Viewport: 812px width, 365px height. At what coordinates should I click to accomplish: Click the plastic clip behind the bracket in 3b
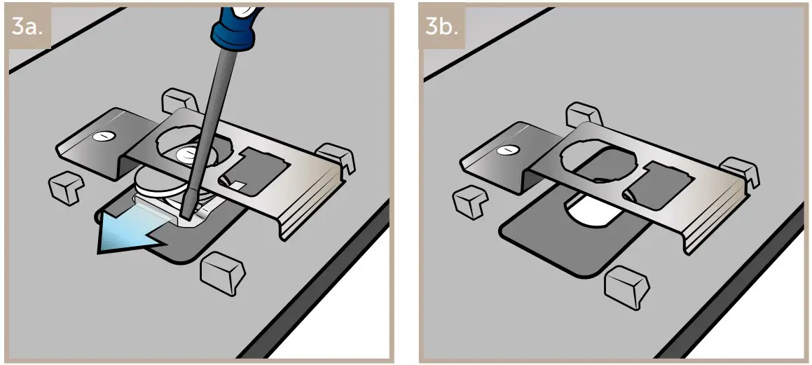coord(583,115)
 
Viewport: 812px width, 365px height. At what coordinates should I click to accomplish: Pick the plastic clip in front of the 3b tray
coord(626,284)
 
